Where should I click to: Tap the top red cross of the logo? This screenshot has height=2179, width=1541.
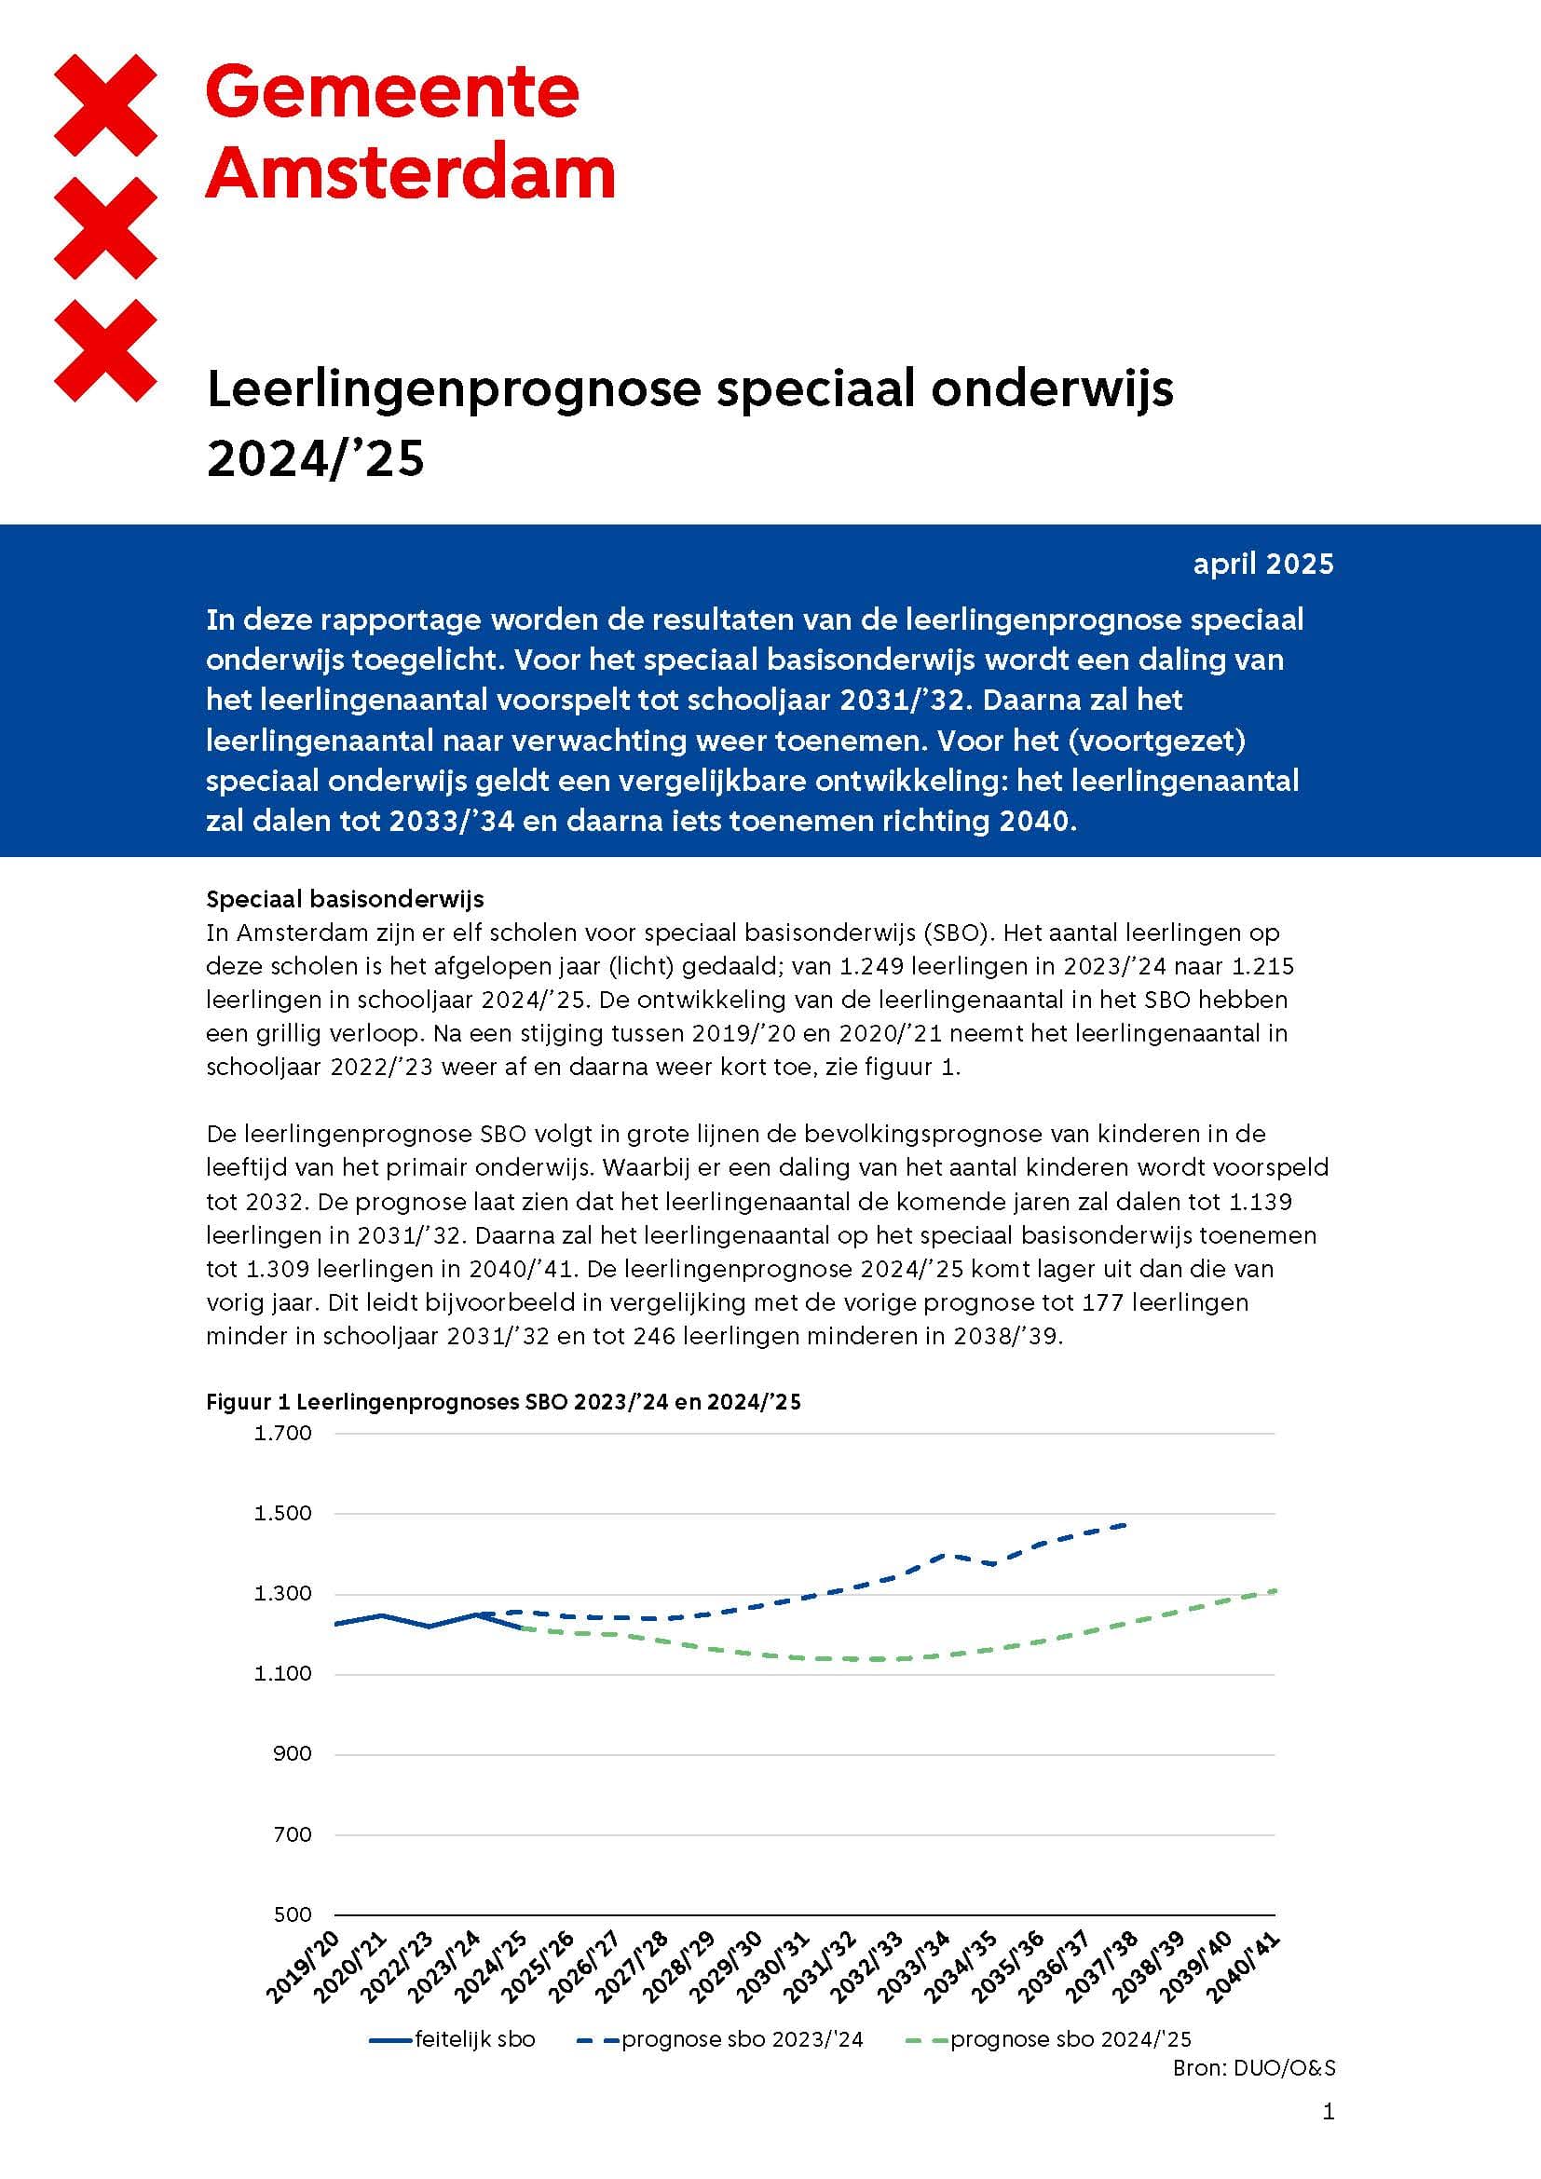105,104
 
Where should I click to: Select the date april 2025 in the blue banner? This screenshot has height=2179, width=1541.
1263,564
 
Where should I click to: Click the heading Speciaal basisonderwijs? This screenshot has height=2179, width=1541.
345,899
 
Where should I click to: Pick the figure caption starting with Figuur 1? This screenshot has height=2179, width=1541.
503,1402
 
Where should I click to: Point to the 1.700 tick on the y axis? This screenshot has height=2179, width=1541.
283,1433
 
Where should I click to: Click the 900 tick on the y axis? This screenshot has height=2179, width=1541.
294,1754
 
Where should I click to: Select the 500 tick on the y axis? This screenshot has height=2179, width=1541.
294,1914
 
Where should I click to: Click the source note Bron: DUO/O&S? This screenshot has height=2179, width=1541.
1253,2068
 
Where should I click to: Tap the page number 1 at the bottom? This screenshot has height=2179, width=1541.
1328,2112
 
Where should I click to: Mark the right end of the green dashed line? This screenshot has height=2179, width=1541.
1275,1590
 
